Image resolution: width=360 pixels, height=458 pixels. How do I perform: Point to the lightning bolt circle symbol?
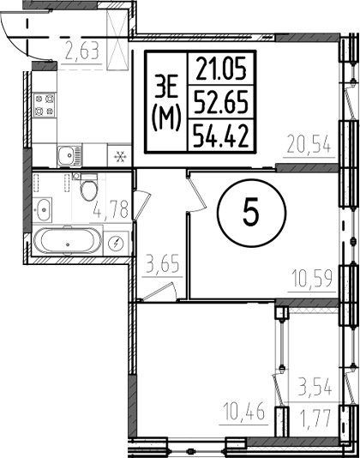click(121, 242)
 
